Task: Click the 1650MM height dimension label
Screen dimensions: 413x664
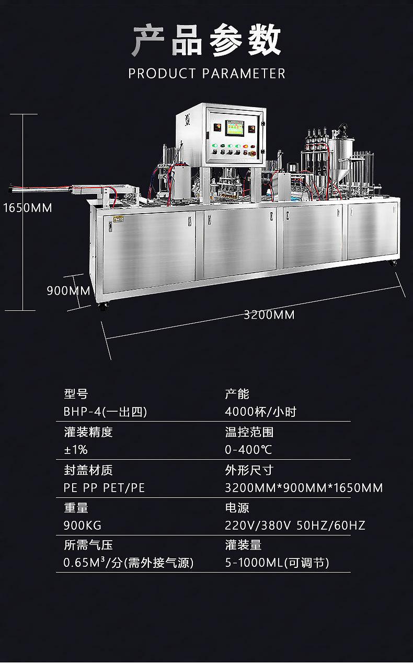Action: [28, 208]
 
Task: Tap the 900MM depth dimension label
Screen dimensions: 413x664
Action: [68, 291]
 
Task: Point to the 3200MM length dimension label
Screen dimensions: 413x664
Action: [269, 315]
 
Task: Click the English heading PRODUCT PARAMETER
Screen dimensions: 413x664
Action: [207, 74]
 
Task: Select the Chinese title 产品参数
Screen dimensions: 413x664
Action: [206, 41]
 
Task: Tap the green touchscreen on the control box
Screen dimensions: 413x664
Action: [235, 128]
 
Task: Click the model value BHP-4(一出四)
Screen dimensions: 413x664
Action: [105, 412]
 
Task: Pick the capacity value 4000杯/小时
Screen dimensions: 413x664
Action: [260, 412]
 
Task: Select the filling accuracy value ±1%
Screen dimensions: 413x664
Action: [76, 450]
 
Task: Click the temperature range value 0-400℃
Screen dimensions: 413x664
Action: [248, 450]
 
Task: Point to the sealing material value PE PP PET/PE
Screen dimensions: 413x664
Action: [104, 488]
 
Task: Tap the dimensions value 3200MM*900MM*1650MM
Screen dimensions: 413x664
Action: [304, 488]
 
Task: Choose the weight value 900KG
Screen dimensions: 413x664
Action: [83, 526]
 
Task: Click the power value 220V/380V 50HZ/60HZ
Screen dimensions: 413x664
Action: [295, 526]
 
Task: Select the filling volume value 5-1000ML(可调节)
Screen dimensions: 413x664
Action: [277, 563]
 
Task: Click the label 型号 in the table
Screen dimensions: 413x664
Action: [76, 394]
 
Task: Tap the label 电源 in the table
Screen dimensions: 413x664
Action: [237, 508]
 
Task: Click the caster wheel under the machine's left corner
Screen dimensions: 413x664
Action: [102, 306]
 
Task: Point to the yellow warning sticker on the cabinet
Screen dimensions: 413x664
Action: [118, 219]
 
